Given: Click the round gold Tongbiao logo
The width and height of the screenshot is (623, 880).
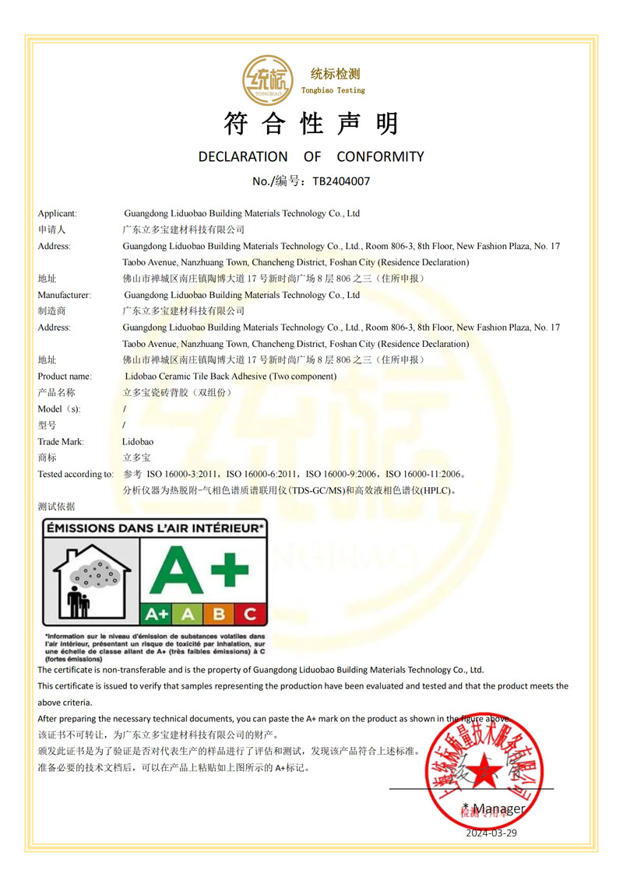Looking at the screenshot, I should (268, 79).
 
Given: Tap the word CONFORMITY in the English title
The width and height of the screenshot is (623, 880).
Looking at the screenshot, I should (380, 156).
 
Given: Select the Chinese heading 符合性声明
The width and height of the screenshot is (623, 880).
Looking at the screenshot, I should (311, 123).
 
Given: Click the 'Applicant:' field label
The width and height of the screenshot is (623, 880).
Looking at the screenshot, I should (57, 213).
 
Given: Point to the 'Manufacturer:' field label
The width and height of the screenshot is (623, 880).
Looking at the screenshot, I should (64, 295).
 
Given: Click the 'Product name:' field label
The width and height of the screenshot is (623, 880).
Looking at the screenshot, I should (65, 377).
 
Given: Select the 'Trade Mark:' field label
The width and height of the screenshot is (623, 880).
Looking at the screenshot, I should (61, 442).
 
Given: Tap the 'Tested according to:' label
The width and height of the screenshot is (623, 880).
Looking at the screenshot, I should (76, 474).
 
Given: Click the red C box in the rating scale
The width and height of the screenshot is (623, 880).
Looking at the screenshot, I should (249, 614).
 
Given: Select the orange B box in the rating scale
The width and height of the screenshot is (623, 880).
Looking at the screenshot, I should (219, 614).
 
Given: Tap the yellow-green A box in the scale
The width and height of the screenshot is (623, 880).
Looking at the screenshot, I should (188, 614).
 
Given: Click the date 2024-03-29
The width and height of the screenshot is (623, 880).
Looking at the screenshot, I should (491, 833).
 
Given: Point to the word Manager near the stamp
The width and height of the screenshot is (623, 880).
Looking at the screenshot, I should (499, 808).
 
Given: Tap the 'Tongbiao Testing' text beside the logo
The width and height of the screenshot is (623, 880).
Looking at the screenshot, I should (333, 90).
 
